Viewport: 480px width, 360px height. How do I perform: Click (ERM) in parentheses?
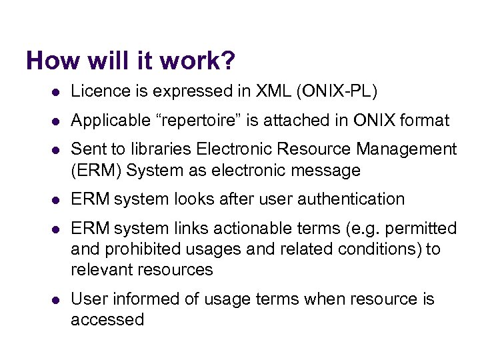96,171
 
